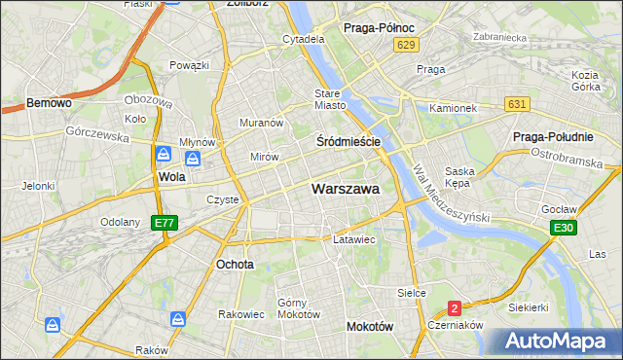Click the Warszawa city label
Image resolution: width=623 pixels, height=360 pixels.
pos(345,190)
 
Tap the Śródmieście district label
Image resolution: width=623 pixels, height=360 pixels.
pos(348,141)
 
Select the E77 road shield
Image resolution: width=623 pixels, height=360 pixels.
pos(165,223)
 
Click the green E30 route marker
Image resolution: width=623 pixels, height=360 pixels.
pos(562,228)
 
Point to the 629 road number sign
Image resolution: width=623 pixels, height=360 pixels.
pos(407,45)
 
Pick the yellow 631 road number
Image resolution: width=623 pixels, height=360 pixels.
pos(517,104)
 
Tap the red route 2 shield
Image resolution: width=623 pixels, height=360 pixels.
pos(455,308)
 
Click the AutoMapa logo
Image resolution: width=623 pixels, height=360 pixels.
pos(557,342)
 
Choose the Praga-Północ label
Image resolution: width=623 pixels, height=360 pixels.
pos(381,28)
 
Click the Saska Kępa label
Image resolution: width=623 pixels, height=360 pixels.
pos(458,177)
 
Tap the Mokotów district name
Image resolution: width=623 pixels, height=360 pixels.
pos(370,327)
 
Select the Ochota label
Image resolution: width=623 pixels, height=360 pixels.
pos(235,264)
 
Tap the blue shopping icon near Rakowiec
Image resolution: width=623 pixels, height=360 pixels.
pos(178,319)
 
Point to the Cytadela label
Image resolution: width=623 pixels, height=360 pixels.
pos(303,40)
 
